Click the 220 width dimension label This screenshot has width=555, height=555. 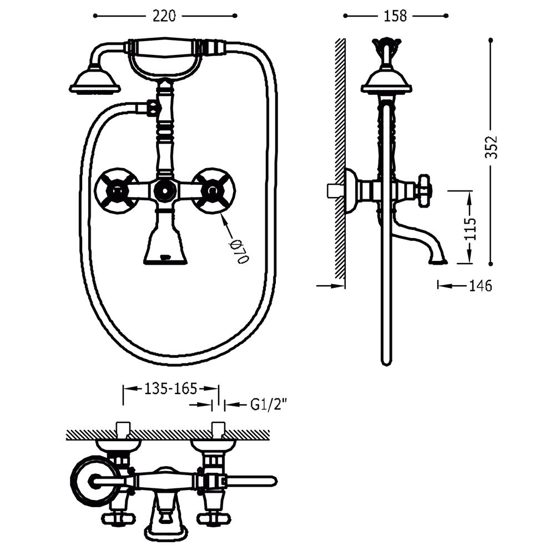(x=164, y=16)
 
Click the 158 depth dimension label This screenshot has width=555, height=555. (x=395, y=16)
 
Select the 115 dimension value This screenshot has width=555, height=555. (x=471, y=229)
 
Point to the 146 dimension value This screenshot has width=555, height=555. (x=481, y=285)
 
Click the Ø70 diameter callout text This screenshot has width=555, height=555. (x=240, y=251)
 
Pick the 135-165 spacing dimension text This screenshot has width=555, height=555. (x=170, y=389)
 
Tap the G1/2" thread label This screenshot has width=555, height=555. (x=268, y=404)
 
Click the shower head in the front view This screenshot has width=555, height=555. (x=95, y=82)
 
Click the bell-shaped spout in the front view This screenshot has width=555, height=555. (x=165, y=241)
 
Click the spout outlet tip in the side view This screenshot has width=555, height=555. (x=438, y=262)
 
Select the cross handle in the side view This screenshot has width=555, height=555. (x=423, y=190)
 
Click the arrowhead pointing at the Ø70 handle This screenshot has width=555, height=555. (x=224, y=218)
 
